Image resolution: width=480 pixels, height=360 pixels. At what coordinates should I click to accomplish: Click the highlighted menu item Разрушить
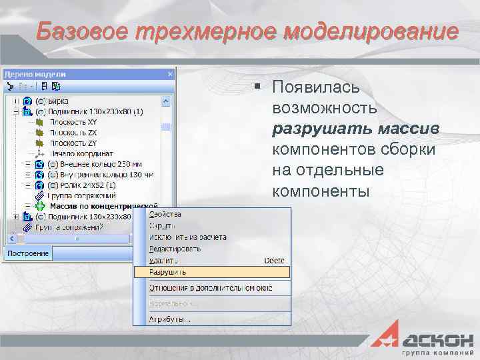(x=168, y=272)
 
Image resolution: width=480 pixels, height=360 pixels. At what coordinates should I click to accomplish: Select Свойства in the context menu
(x=165, y=215)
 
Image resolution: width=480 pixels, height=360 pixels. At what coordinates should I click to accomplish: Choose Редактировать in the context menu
(x=175, y=249)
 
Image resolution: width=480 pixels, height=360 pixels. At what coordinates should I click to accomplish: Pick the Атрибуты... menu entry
(x=170, y=318)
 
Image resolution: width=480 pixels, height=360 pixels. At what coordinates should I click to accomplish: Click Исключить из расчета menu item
(x=188, y=237)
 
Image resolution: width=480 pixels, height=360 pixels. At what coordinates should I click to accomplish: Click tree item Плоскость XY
(x=73, y=123)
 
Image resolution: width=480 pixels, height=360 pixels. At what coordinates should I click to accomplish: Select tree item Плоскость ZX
(x=73, y=133)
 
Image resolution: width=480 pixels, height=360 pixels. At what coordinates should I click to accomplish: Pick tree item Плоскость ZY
(x=73, y=143)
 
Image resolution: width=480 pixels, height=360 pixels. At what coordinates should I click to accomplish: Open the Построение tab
(x=28, y=253)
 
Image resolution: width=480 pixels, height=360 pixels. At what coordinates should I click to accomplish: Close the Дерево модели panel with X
(x=171, y=74)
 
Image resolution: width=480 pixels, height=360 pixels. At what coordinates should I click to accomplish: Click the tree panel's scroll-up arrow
(x=166, y=101)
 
